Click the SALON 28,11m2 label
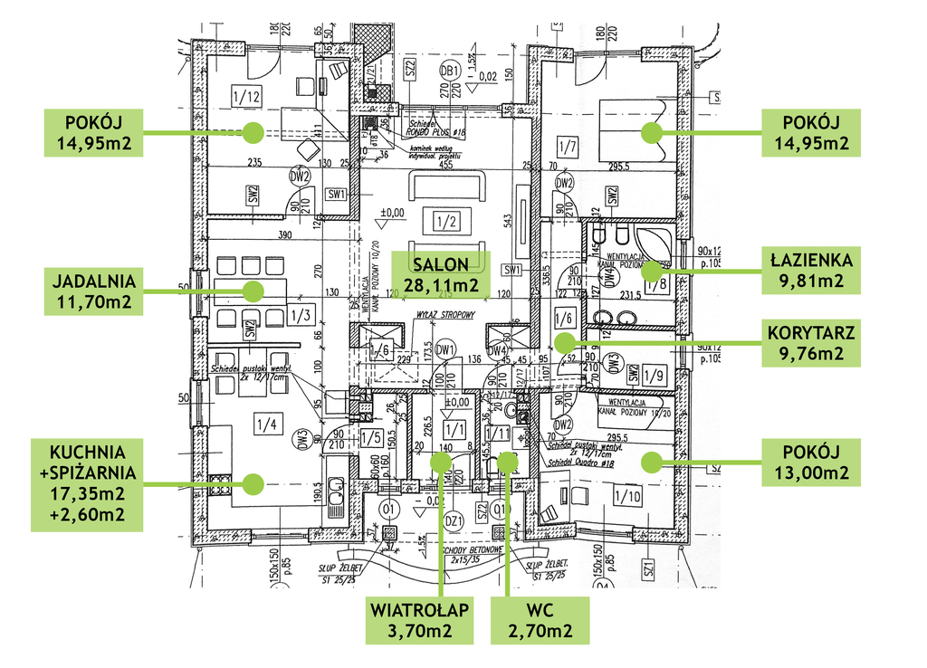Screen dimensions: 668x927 (441, 273)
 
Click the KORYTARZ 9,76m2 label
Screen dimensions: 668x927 (809, 342)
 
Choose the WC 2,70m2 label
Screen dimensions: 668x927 (540, 620)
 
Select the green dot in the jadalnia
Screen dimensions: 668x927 (252, 291)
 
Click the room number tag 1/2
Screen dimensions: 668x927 (443, 221)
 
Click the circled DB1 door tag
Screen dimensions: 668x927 (448, 71)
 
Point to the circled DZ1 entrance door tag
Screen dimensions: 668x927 (454, 520)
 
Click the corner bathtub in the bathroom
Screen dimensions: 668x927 (654, 243)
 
